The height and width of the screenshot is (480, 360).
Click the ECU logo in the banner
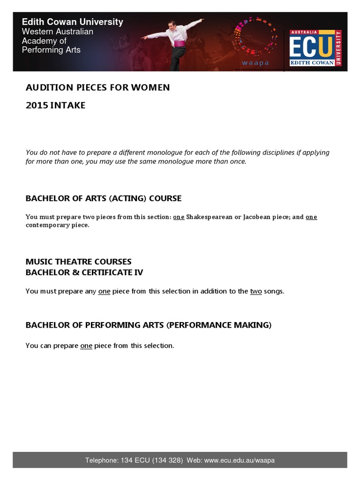[315, 48]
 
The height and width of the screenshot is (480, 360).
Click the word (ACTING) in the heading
[127, 198]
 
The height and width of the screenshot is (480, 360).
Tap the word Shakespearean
[209, 217]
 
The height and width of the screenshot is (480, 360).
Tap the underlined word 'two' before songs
[256, 291]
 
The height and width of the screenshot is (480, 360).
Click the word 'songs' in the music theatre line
[274, 291]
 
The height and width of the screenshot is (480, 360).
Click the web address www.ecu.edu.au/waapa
[240, 460]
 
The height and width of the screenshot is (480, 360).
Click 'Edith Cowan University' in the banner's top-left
[73, 22]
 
